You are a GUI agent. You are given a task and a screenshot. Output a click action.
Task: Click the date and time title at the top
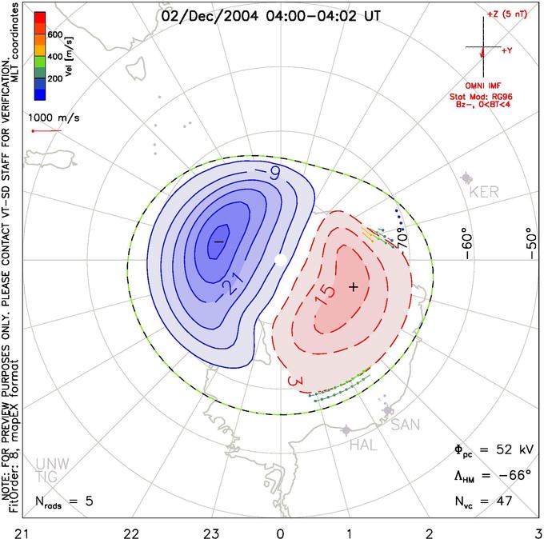(x=271, y=16)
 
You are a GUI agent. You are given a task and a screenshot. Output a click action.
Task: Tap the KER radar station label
(x=484, y=192)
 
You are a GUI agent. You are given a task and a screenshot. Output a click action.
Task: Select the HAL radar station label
(x=363, y=445)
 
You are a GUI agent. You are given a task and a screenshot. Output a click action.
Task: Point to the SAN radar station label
(x=406, y=425)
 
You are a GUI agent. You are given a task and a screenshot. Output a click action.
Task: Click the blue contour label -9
(x=267, y=172)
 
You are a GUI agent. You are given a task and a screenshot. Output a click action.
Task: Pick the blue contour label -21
(x=230, y=285)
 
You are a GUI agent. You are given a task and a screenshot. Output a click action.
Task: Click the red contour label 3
(x=295, y=381)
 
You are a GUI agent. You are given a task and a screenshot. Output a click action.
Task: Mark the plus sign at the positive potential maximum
(x=353, y=287)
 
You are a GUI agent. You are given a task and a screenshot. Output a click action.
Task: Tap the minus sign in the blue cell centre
(x=218, y=241)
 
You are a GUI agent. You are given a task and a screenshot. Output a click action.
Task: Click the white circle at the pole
(x=280, y=260)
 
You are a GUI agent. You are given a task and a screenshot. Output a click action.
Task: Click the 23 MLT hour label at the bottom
(x=212, y=533)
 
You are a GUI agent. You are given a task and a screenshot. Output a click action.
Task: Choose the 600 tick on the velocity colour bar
(x=55, y=34)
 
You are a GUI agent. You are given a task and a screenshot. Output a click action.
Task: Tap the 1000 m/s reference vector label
(x=54, y=118)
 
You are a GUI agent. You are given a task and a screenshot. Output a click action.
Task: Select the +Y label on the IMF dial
(x=507, y=50)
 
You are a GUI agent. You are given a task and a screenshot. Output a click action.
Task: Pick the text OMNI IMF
(x=483, y=86)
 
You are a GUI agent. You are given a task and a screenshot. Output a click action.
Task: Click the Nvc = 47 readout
(x=484, y=501)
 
